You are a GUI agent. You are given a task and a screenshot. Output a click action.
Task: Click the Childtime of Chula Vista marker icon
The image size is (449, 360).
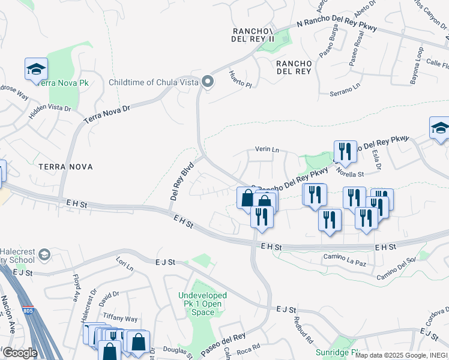click(x=208, y=82)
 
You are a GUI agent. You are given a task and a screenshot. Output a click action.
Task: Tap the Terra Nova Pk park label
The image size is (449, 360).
click(x=64, y=83)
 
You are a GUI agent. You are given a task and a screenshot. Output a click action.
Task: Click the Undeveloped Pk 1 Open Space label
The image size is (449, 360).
click(x=203, y=304)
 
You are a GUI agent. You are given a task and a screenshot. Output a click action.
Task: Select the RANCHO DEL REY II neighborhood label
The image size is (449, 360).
click(x=253, y=35)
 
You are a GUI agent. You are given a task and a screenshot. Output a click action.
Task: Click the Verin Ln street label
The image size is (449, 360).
click(x=267, y=149)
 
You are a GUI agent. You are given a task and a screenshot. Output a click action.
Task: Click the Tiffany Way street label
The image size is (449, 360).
click(x=119, y=319)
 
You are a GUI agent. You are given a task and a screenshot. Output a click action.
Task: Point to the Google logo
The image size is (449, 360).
click(x=20, y=353)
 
